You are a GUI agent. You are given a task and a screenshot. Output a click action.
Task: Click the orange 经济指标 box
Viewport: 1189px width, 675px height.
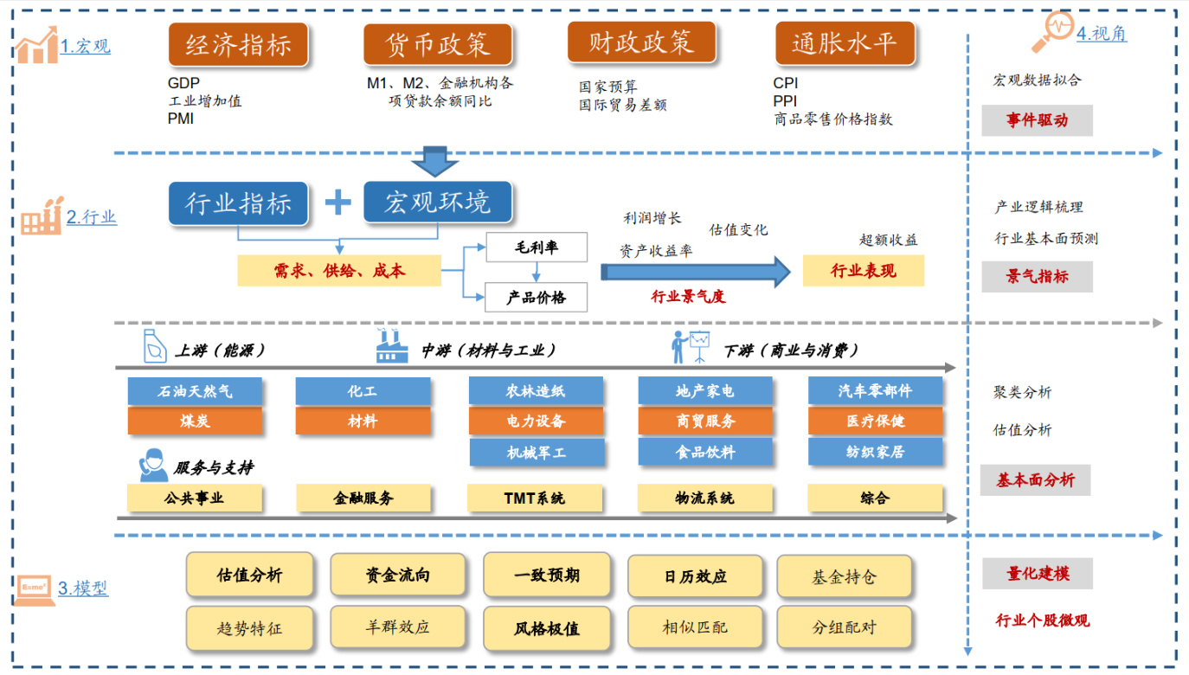[x=238, y=44]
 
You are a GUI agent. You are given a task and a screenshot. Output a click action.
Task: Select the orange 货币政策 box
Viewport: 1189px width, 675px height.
[x=437, y=44]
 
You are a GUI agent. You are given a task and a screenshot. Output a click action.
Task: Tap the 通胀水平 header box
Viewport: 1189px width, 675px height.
[x=843, y=43]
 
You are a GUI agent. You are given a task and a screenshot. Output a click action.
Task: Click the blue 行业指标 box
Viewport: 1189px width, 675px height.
[x=238, y=203]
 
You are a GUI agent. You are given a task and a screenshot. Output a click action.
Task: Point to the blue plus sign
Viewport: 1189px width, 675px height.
[x=337, y=202]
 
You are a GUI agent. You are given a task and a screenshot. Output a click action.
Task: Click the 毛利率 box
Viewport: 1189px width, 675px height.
[x=536, y=247]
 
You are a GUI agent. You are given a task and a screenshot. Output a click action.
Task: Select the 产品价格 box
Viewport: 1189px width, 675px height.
[x=536, y=297]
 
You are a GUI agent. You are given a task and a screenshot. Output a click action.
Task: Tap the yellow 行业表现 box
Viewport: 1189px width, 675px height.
[x=863, y=271]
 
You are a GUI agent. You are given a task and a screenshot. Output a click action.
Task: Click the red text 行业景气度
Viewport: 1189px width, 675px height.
[x=688, y=296]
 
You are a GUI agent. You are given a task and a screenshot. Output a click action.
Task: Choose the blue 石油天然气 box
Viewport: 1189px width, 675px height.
[x=195, y=391]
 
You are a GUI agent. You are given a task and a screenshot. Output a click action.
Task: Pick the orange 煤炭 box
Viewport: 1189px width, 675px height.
[x=195, y=421]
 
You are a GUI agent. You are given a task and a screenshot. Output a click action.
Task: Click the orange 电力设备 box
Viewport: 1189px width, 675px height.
[x=536, y=421]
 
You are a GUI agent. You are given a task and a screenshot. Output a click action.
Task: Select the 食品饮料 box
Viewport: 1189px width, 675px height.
[x=705, y=452]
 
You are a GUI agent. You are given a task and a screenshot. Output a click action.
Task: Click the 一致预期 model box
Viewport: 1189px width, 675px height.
[x=547, y=575]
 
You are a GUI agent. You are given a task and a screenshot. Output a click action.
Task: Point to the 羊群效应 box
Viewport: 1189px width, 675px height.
[x=397, y=627]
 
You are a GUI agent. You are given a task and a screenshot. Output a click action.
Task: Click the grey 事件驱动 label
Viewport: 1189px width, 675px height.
[x=1037, y=120]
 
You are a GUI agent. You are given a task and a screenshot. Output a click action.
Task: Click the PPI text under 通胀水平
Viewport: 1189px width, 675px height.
[x=785, y=101]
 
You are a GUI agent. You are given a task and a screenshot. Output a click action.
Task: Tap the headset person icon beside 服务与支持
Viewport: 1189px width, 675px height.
[x=154, y=465]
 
